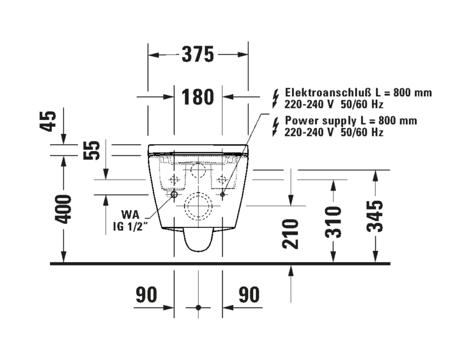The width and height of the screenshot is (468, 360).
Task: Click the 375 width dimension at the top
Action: pyautogui.click(x=197, y=55)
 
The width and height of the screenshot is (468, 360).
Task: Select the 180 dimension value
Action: pyautogui.click(x=197, y=97)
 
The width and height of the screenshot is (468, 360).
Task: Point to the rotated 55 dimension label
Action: pyautogui.click(x=95, y=150)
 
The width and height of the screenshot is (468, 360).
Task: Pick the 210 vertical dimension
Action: pyautogui.click(x=292, y=234)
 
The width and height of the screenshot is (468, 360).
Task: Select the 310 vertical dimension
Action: pyautogui.click(x=333, y=221)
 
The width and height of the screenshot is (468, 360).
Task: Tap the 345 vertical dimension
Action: pyautogui.click(x=375, y=216)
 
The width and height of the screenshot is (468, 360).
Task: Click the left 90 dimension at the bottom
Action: pyautogui.click(x=146, y=295)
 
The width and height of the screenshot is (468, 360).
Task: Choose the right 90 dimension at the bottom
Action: pyautogui.click(x=249, y=295)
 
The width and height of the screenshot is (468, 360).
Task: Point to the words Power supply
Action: pyautogui.click(x=314, y=121)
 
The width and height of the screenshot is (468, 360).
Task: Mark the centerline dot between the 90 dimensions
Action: pyautogui.click(x=198, y=308)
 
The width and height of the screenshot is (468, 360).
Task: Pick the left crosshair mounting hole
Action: pyautogui.click(x=174, y=179)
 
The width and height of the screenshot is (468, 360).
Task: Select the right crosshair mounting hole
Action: pyautogui.click(x=222, y=179)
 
